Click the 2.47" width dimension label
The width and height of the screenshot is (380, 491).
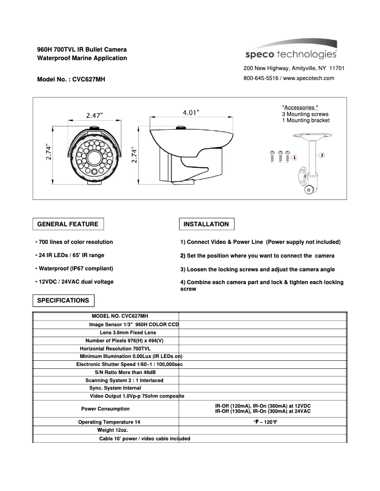tap(94, 115)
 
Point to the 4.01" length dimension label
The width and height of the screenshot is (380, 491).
tap(191, 112)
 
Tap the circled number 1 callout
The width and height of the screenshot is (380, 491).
tap(294, 157)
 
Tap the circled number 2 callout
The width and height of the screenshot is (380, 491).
tap(322, 155)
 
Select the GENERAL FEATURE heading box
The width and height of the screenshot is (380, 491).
tap(68, 224)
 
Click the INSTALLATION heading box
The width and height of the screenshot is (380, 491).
tap(206, 224)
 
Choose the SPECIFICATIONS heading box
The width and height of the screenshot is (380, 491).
tap(63, 300)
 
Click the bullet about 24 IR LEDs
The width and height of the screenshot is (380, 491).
tap(70, 256)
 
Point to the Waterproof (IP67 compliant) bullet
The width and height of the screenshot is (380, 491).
tap(74, 269)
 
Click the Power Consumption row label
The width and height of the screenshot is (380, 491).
tap(105, 409)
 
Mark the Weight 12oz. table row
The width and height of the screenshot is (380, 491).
tap(112, 430)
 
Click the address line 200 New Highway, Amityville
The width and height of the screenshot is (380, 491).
tap(294, 69)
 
